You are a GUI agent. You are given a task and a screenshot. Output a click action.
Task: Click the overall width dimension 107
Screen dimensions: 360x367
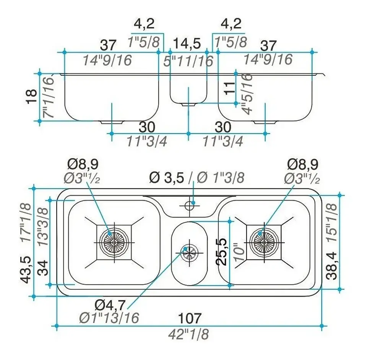click(190, 318)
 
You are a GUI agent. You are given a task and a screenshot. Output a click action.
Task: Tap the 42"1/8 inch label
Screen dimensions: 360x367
click(189, 334)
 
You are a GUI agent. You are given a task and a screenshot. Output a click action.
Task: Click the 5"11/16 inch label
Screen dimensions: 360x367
click(187, 60)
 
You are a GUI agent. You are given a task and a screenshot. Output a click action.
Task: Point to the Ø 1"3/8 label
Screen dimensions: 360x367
click(220, 177)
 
